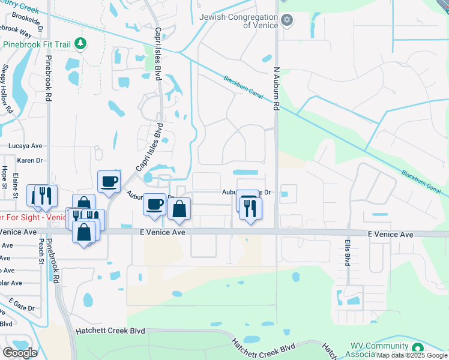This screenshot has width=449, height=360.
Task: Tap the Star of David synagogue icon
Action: pyautogui.click(x=287, y=21)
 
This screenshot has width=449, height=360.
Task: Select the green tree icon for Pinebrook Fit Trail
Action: pyautogui.click(x=81, y=44)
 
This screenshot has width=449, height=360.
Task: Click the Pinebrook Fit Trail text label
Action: pyautogui.click(x=37, y=44)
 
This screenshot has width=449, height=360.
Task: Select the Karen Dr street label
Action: pyautogui.click(x=30, y=160)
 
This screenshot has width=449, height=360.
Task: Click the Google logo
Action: pyautogui.click(x=20, y=353)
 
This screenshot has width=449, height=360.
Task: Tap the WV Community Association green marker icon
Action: pyautogui.click(x=417, y=347)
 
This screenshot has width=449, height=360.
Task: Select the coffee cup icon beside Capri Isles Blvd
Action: pyautogui.click(x=109, y=182)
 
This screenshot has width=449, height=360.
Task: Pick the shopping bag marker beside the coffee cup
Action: pyautogui.click(x=179, y=209)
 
